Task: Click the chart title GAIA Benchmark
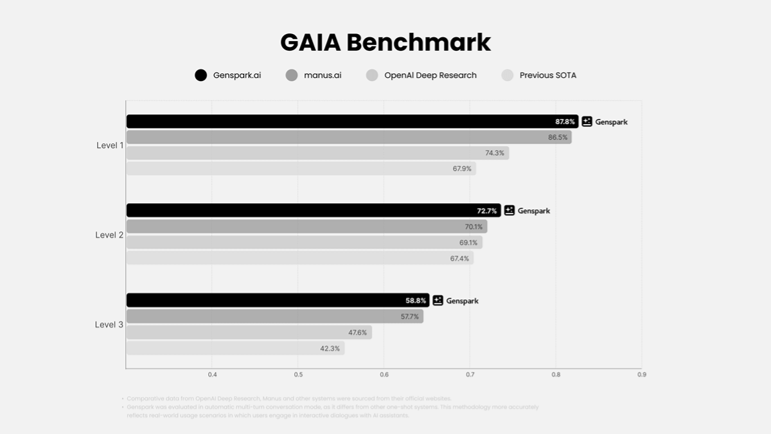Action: (385, 42)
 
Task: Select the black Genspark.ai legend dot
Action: (201, 75)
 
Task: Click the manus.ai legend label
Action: (323, 75)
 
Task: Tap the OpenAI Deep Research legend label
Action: (430, 75)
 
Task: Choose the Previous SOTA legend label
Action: (547, 75)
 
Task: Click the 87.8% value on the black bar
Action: (565, 122)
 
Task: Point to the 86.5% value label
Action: (558, 138)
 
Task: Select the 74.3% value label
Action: (495, 153)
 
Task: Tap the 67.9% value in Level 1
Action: (462, 168)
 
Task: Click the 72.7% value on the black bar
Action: (486, 211)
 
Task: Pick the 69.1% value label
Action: (468, 242)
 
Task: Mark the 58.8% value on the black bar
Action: (416, 301)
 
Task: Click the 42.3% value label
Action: (330, 348)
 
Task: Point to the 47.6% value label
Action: (358, 332)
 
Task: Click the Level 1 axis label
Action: (110, 145)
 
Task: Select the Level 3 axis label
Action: (109, 325)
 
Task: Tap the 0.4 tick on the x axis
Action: (212, 374)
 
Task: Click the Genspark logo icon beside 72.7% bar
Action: (510, 210)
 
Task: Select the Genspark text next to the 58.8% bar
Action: (463, 301)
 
